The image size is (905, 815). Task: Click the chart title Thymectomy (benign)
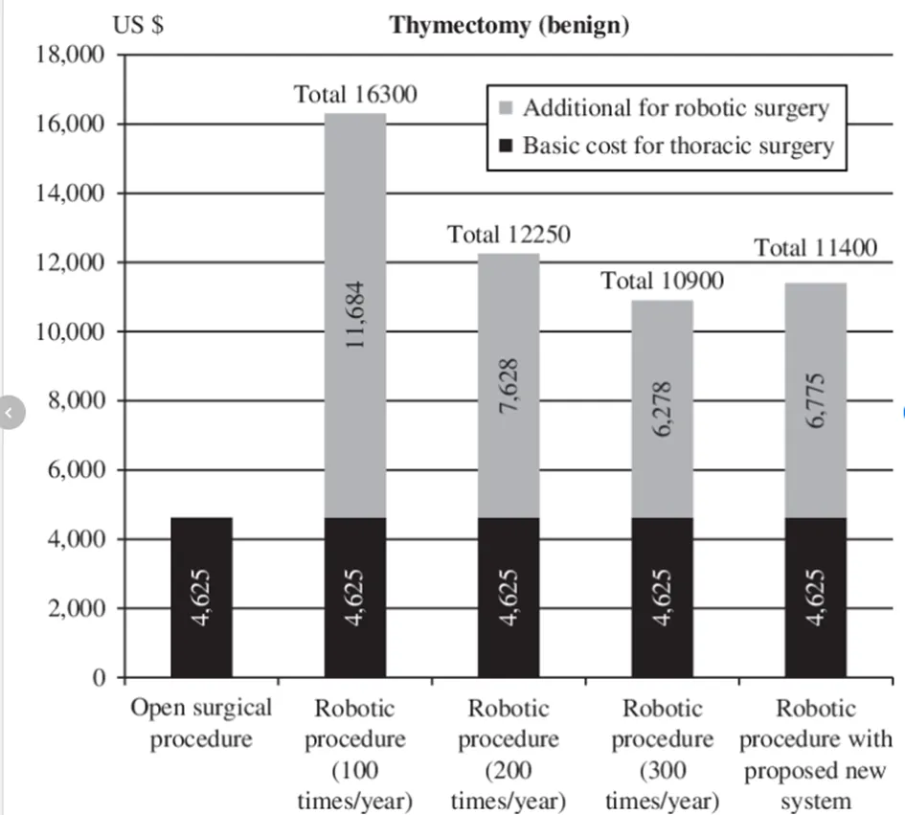click(x=509, y=26)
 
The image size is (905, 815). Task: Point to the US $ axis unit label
click(x=138, y=25)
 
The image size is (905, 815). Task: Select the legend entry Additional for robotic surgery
click(x=664, y=108)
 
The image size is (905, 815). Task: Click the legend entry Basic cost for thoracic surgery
click(x=667, y=146)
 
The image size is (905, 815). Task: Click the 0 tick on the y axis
click(x=100, y=677)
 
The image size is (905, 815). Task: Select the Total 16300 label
click(x=355, y=94)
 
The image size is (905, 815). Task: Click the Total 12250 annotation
click(x=509, y=235)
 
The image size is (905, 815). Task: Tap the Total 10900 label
click(x=663, y=281)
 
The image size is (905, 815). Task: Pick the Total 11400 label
click(x=816, y=248)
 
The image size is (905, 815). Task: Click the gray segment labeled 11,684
click(x=355, y=315)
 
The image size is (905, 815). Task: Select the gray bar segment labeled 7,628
click(x=509, y=386)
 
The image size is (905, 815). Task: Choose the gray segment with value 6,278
click(x=663, y=409)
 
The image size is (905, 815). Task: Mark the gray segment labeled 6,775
click(x=816, y=400)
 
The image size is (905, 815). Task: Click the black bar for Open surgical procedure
click(x=202, y=598)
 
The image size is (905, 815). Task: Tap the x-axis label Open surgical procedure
click(x=201, y=723)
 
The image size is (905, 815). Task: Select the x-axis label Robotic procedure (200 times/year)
click(x=509, y=755)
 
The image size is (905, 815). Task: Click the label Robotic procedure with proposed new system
click(x=816, y=755)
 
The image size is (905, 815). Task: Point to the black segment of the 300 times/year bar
click(x=663, y=598)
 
